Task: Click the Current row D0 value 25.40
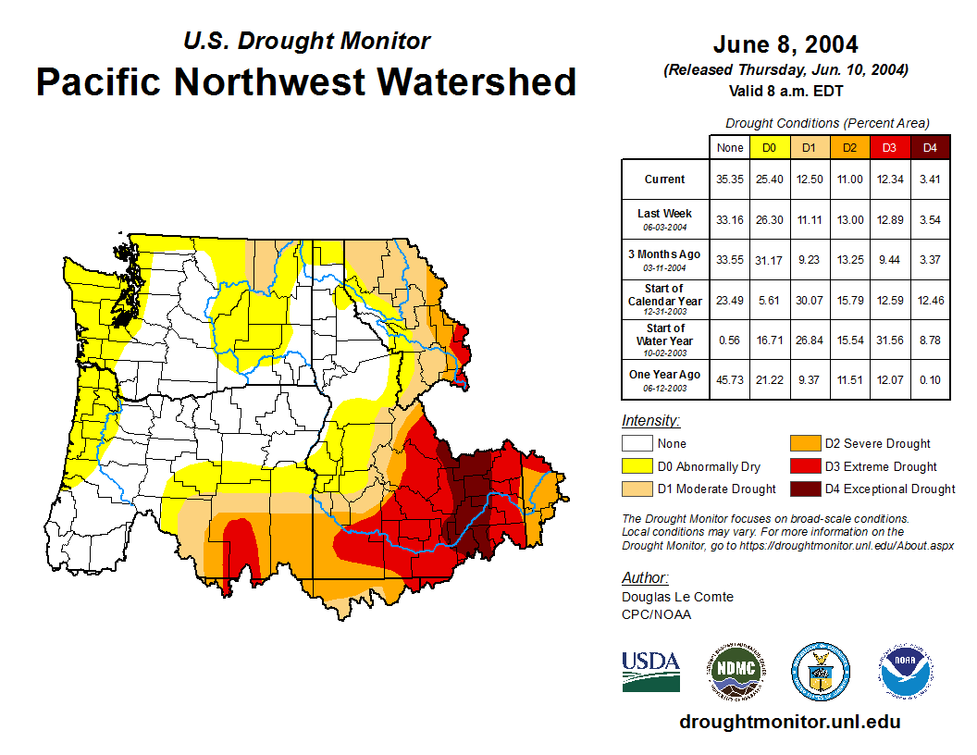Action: pos(769,179)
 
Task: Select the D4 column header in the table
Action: pos(930,147)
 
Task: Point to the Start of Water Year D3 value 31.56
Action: pos(889,340)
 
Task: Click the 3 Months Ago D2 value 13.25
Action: pos(849,260)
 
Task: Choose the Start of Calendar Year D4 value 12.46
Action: pos(930,300)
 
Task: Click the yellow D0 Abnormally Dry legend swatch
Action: pos(637,466)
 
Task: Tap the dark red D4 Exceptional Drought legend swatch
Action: pos(804,489)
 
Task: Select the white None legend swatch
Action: pos(637,444)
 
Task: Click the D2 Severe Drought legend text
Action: pos(877,444)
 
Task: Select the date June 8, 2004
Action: pos(785,44)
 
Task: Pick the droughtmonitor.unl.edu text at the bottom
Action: pos(789,722)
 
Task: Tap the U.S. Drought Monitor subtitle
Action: pos(306,41)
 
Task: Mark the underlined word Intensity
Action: pos(650,421)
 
